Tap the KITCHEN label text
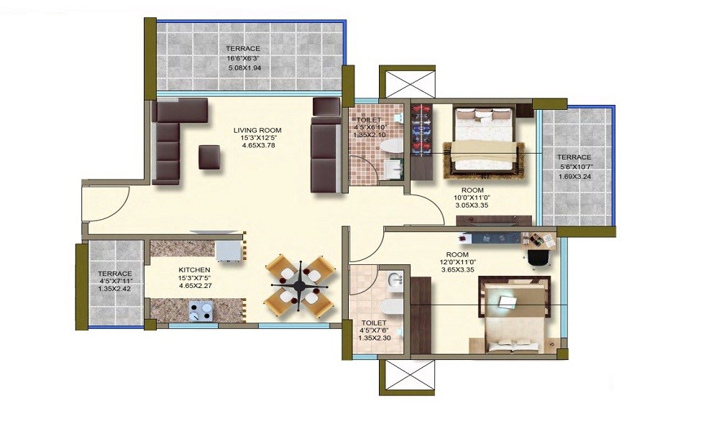pyautogui.click(x=194, y=270)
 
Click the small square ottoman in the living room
pyautogui.click(x=209, y=157)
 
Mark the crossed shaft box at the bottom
pyautogui.click(x=407, y=377)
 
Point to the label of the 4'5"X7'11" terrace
pyautogui.click(x=115, y=274)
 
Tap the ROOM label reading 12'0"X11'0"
pyautogui.click(x=457, y=254)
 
